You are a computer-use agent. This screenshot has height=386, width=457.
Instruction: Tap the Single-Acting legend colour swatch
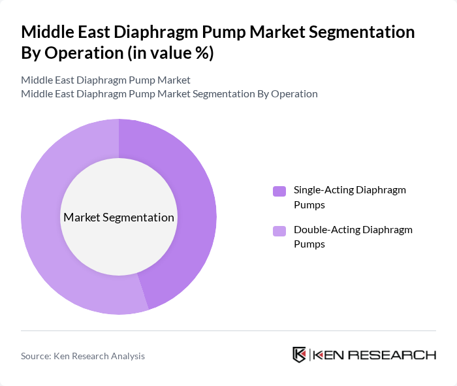click(279, 191)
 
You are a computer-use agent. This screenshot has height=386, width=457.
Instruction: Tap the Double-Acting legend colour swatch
click(279, 231)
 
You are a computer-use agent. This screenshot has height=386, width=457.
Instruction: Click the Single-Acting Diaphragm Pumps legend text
click(349, 197)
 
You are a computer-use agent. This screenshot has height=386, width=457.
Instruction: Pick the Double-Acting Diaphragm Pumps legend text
click(353, 236)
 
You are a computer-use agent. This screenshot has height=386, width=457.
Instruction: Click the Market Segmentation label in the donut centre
click(119, 217)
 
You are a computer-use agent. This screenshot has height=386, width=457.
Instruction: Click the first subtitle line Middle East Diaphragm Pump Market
click(106, 80)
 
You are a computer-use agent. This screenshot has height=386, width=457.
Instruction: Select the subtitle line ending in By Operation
click(169, 93)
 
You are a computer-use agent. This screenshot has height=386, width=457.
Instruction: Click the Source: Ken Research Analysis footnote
click(83, 356)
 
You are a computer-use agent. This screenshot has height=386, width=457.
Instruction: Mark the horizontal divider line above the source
click(228, 330)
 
